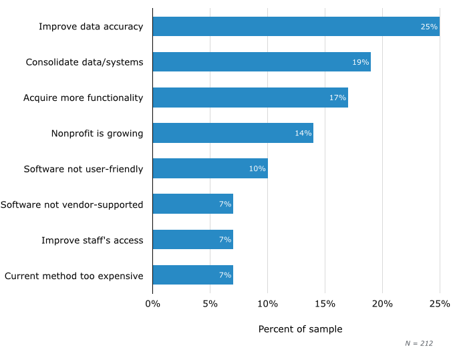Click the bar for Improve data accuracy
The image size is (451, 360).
pyautogui.click(x=296, y=27)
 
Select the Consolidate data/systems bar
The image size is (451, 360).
pyautogui.click(x=261, y=62)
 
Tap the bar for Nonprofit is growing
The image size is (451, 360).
pyautogui.click(x=233, y=133)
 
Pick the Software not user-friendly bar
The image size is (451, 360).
pyautogui.click(x=210, y=168)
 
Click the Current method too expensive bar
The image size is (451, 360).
pyautogui.click(x=192, y=275)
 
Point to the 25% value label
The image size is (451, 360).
pyautogui.click(x=429, y=27)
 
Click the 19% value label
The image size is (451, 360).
pyautogui.click(x=361, y=62)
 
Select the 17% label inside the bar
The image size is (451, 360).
pyautogui.click(x=337, y=98)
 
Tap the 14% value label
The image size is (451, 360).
pyautogui.click(x=303, y=133)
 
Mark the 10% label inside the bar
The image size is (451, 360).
pyautogui.click(x=257, y=168)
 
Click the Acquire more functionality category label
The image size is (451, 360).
pyautogui.click(x=84, y=98)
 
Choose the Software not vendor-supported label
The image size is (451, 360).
pyautogui.click(x=71, y=204)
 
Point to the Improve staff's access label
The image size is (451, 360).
pyautogui.click(x=92, y=240)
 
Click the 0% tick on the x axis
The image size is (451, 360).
pyautogui.click(x=152, y=305)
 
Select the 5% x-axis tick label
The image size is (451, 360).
pyautogui.click(x=210, y=305)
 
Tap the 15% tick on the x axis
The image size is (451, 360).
pyautogui.click(x=325, y=305)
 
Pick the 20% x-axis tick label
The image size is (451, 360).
pyautogui.click(x=382, y=305)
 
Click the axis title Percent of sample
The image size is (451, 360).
pyautogui.click(x=300, y=329)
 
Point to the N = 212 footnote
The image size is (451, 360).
pyautogui.click(x=419, y=343)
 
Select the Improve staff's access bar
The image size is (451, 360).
pyautogui.click(x=192, y=240)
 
